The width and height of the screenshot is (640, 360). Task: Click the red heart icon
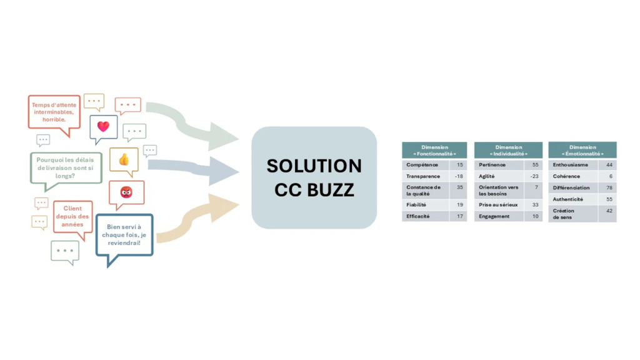(103, 126)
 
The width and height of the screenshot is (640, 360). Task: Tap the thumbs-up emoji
(124, 159)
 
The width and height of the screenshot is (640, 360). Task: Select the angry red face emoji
(126, 192)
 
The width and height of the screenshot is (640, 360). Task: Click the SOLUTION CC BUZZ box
(314, 177)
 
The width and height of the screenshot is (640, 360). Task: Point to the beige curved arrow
(192, 221)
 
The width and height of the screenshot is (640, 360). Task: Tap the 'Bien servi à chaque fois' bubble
(124, 237)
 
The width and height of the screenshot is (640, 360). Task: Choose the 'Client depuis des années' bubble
(72, 217)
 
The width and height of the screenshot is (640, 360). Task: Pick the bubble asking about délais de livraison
(66, 169)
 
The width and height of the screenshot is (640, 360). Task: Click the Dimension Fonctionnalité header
(434, 150)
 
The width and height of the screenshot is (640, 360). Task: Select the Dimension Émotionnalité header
(582, 150)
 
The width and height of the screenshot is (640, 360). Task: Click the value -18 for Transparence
(459, 176)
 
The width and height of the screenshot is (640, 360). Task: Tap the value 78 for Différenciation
(609, 187)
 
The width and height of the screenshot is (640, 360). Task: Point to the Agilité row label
(486, 176)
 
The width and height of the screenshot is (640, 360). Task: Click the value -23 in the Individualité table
(534, 176)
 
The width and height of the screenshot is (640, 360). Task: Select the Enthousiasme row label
(570, 165)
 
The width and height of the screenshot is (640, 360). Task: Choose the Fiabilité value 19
(460, 205)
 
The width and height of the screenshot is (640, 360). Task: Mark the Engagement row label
(494, 216)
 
